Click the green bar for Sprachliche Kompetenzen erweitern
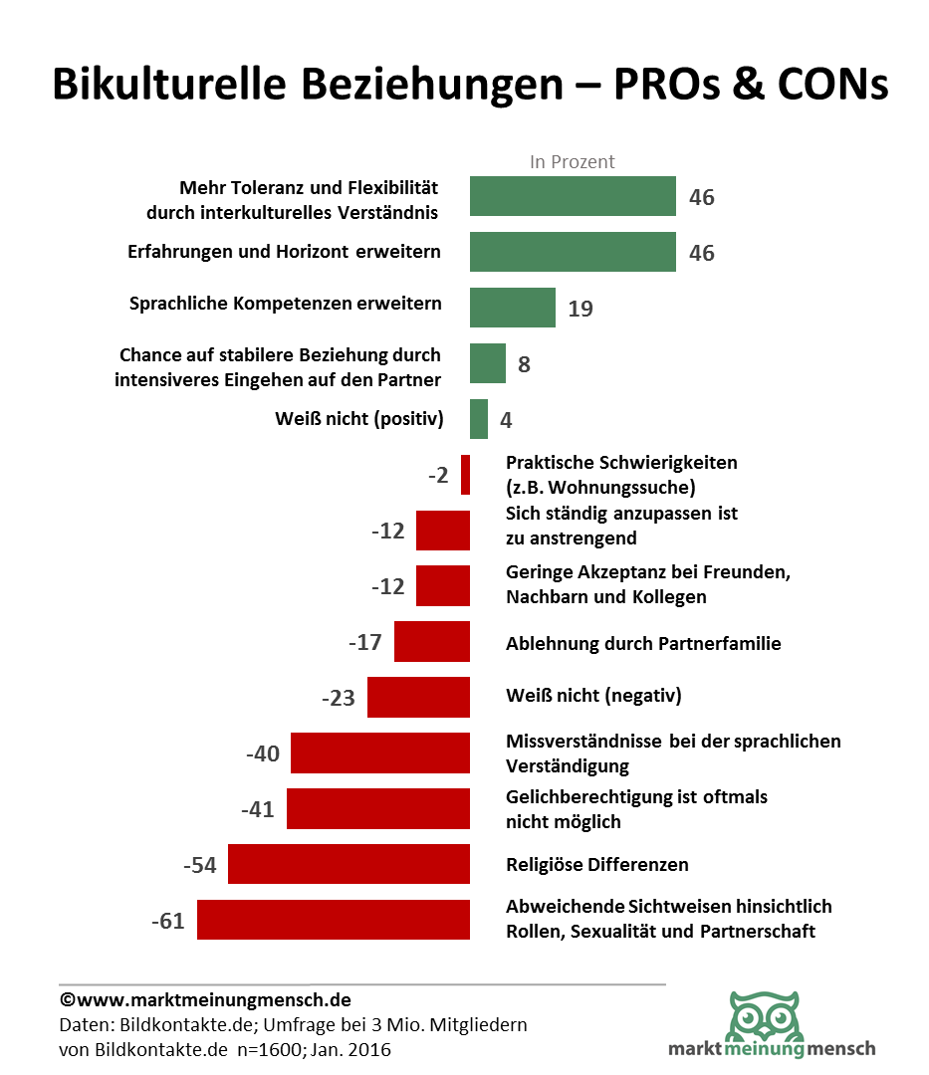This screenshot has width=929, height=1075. (x=512, y=308)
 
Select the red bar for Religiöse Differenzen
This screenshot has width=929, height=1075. (x=348, y=864)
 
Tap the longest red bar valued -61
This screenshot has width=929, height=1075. (x=333, y=920)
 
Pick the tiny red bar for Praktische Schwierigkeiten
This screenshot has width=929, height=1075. (x=465, y=475)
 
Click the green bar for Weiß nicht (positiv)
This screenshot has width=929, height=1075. (x=479, y=419)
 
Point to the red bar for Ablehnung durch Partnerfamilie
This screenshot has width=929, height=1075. (x=431, y=642)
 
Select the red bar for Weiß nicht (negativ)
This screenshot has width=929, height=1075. (x=418, y=697)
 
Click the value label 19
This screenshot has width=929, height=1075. (x=580, y=309)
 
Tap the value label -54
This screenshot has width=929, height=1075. (x=200, y=865)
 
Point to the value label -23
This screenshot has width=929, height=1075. (x=339, y=698)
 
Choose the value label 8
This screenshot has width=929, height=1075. (x=524, y=364)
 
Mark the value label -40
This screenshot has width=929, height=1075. (x=263, y=753)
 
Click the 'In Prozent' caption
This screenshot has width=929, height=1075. (x=572, y=161)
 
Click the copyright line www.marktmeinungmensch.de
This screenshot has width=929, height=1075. (x=205, y=999)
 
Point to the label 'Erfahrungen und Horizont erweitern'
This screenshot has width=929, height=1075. (x=284, y=252)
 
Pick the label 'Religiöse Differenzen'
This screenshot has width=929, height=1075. (x=597, y=864)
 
